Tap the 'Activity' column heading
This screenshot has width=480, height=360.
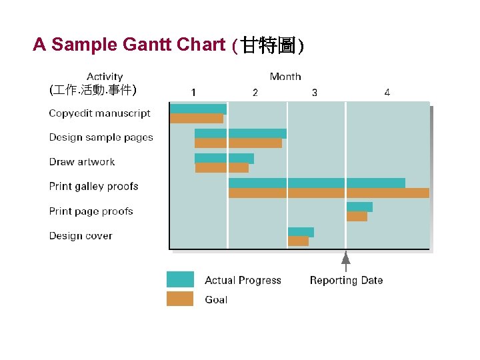tap(105, 77)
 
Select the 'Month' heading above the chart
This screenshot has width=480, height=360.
tap(285, 77)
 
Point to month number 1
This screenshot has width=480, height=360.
tap(193, 92)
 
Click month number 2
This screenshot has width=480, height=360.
tap(255, 92)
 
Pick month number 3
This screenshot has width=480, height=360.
tap(315, 92)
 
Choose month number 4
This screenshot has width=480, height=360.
tap(387, 92)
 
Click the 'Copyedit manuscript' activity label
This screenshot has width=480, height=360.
tap(99, 113)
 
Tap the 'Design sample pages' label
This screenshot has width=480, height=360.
tap(101, 137)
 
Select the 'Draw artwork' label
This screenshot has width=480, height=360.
tap(81, 162)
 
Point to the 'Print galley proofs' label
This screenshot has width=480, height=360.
tap(93, 187)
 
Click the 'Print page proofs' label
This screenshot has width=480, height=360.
tap(91, 211)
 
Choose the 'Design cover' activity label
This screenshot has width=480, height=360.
tap(80, 236)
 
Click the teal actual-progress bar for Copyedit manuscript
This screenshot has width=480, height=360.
tap(198, 109)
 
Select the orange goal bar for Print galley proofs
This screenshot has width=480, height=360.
tap(328, 193)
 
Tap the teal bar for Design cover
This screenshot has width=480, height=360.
tap(301, 232)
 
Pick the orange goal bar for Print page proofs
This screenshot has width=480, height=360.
tap(357, 217)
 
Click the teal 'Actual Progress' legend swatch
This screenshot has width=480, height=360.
tap(180, 279)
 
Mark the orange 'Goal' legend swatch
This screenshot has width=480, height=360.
tap(180, 299)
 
